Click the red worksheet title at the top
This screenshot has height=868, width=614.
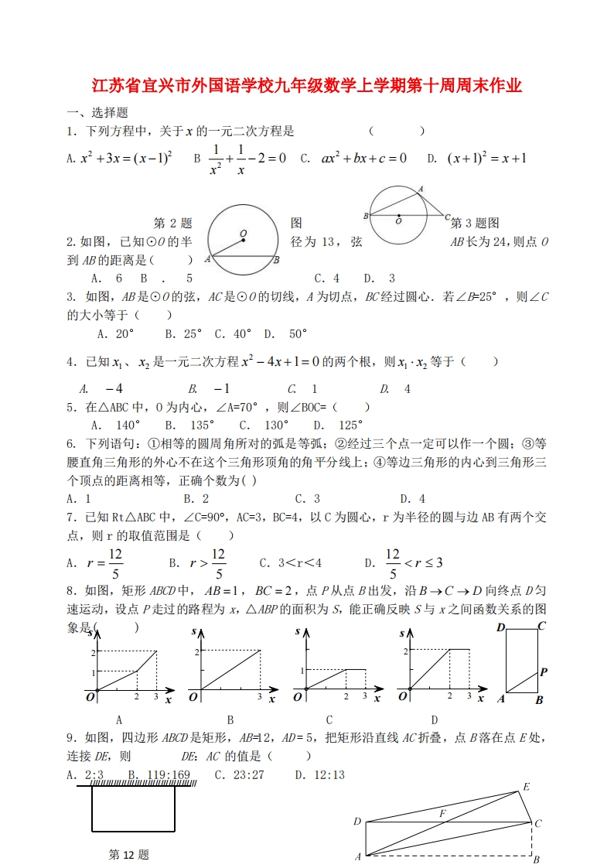pyautogui.click(x=307, y=84)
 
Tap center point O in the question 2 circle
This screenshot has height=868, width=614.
pyautogui.click(x=243, y=240)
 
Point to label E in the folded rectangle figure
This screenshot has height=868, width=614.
pyautogui.click(x=526, y=787)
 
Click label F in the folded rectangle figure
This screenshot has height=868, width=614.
pyautogui.click(x=442, y=814)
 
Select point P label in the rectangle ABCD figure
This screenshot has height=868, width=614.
pyautogui.click(x=543, y=672)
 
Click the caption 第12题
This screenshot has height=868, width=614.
pyautogui.click(x=128, y=855)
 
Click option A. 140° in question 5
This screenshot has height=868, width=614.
pyautogui.click(x=115, y=425)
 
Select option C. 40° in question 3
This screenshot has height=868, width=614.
pyautogui.click(x=233, y=333)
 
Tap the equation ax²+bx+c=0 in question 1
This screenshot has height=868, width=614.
pyautogui.click(x=363, y=159)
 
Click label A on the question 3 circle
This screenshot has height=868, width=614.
pyautogui.click(x=420, y=189)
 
